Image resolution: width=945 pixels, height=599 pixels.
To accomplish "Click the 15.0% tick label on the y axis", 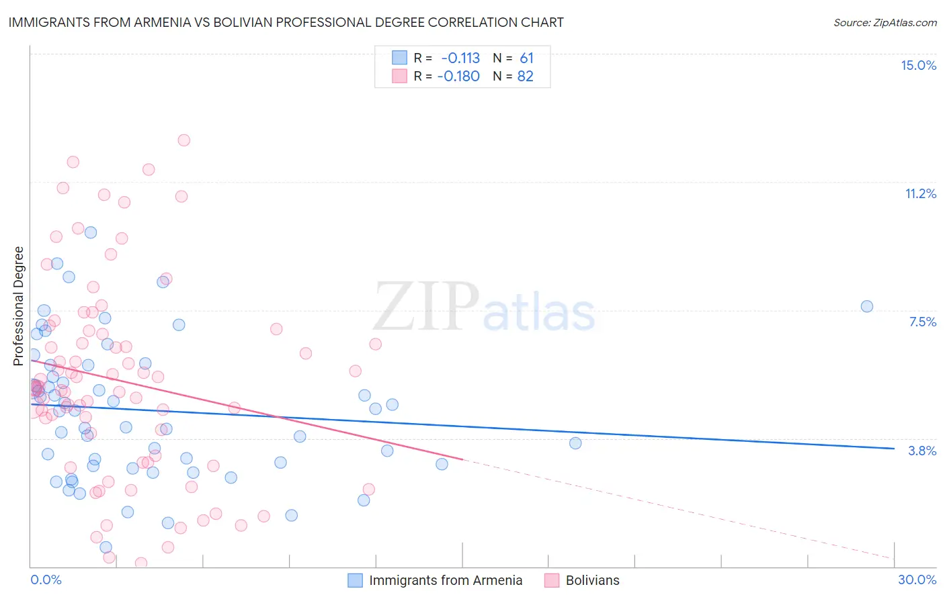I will point(918,65).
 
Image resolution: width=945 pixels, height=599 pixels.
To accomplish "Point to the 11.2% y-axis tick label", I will point(920,193).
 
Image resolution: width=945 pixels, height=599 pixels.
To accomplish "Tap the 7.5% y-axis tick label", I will point(922,322).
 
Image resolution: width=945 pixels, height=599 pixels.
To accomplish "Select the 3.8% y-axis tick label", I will point(922,451).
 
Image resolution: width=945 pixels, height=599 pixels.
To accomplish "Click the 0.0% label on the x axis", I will point(46,580).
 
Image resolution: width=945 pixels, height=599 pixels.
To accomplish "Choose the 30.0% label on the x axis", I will point(917,580).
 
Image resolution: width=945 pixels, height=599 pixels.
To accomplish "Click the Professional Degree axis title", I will point(18,306).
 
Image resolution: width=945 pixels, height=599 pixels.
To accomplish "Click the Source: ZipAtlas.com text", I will point(885,22).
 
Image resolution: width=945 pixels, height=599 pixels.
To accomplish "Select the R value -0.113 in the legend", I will point(460,58).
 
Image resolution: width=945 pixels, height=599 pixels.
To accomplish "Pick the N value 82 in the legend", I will point(525,76).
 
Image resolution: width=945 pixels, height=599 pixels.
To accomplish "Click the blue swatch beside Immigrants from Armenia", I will point(355,580).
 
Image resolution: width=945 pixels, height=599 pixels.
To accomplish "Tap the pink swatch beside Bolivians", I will point(552,580).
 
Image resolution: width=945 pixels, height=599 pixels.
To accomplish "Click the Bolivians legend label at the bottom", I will point(592,580).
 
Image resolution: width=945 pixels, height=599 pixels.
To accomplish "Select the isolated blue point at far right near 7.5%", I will point(866,306).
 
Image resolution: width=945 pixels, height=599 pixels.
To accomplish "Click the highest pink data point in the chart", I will point(183,140).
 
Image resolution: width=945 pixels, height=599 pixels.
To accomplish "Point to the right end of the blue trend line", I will point(894,449).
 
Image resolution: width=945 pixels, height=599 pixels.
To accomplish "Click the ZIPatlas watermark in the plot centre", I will point(484,307).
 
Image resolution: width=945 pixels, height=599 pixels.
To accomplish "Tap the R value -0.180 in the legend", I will point(458,76).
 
